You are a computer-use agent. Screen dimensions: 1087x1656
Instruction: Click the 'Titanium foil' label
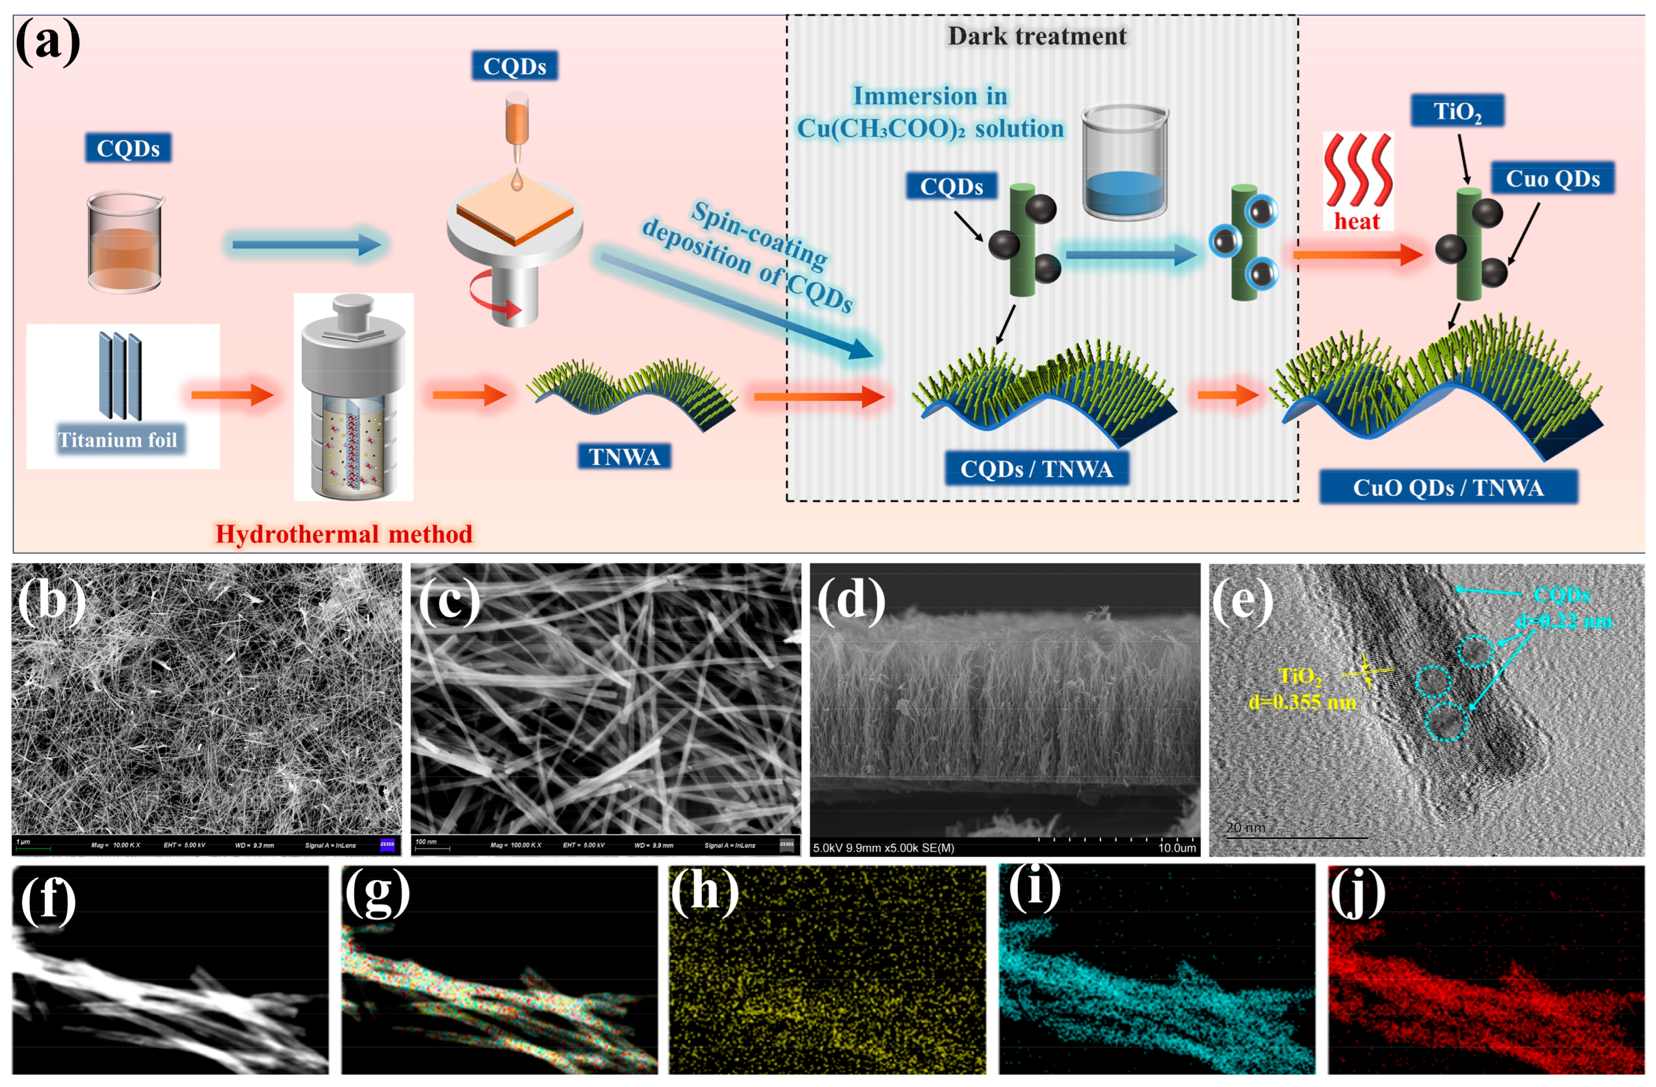pos(118,440)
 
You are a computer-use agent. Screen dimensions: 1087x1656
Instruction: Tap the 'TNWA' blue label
pos(624,456)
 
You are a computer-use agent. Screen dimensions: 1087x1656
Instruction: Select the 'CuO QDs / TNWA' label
pos(1448,487)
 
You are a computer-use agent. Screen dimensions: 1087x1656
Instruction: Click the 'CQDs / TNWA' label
pos(1036,469)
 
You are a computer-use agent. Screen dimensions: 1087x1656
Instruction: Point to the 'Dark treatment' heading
pos(1037,36)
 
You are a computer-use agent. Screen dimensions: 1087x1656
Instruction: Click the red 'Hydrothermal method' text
pos(344,533)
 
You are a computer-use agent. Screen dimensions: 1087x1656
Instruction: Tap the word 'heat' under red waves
pos(1357,221)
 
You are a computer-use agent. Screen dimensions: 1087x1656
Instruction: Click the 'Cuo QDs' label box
pos(1553,179)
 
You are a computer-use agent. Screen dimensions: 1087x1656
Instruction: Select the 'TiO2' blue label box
pos(1457,111)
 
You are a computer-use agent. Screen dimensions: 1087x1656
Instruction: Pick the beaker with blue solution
pos(1125,164)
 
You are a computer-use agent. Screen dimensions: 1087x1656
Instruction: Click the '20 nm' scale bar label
pos(1246,827)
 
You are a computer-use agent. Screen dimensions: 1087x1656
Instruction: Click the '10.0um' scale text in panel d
pos(1176,848)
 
